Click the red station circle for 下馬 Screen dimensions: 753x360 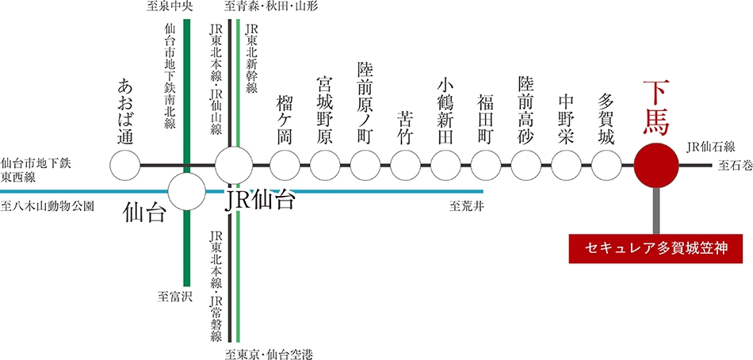(656, 166)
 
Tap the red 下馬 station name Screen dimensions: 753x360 (656, 107)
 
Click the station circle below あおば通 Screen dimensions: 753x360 (125, 166)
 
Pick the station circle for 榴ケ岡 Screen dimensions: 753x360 (285, 166)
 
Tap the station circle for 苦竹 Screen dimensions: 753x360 (406, 166)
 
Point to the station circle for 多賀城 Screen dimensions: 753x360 (606, 166)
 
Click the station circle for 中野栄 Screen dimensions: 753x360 (566, 166)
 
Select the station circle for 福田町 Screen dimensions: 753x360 (486, 166)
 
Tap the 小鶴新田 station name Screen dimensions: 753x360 (445, 111)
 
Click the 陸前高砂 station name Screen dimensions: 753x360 (526, 111)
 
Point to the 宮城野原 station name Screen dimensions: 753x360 (325, 111)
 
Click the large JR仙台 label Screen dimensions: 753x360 (259, 201)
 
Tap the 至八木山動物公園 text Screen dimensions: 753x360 (47, 207)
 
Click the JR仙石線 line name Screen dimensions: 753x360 (705, 147)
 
